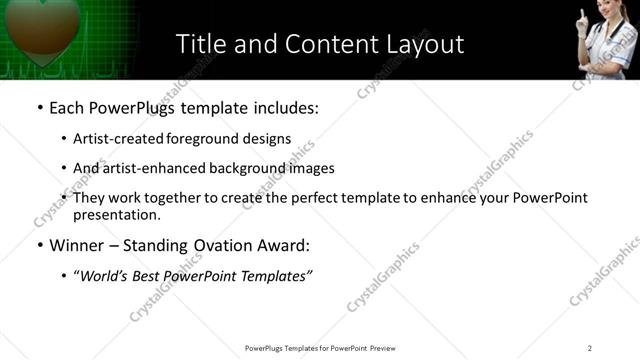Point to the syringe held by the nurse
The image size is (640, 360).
582,20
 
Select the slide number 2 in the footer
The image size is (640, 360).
589,348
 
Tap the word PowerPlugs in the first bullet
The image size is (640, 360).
134,106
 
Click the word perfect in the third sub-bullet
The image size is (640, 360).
311,198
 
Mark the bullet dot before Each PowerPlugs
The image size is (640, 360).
40,107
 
